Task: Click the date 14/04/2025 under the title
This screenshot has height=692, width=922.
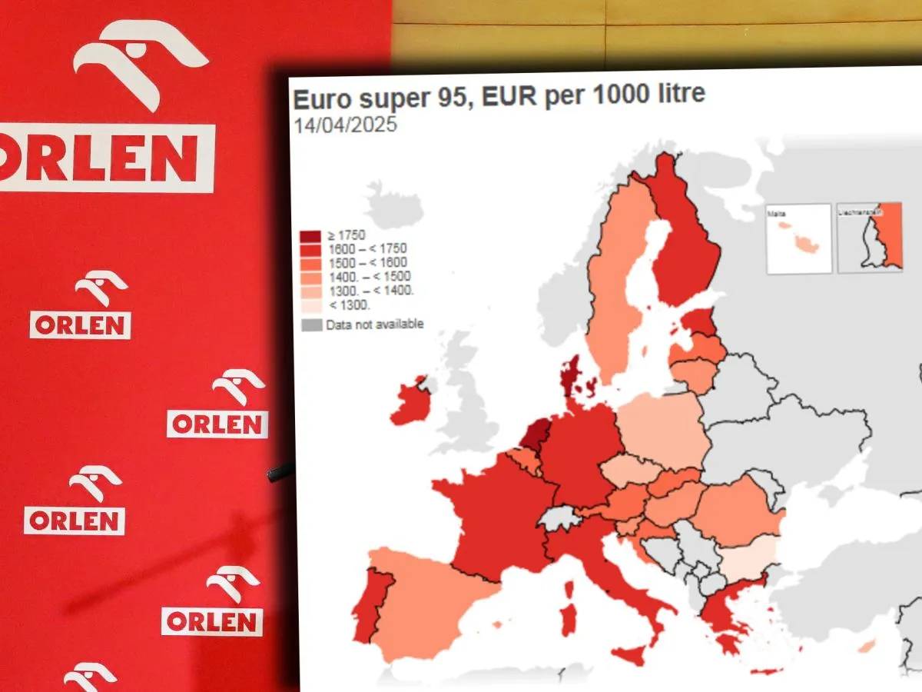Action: tap(345, 125)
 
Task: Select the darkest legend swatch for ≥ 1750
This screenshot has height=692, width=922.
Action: tap(311, 235)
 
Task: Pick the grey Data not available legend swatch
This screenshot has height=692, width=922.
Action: tap(311, 324)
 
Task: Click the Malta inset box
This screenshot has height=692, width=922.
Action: tap(799, 238)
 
